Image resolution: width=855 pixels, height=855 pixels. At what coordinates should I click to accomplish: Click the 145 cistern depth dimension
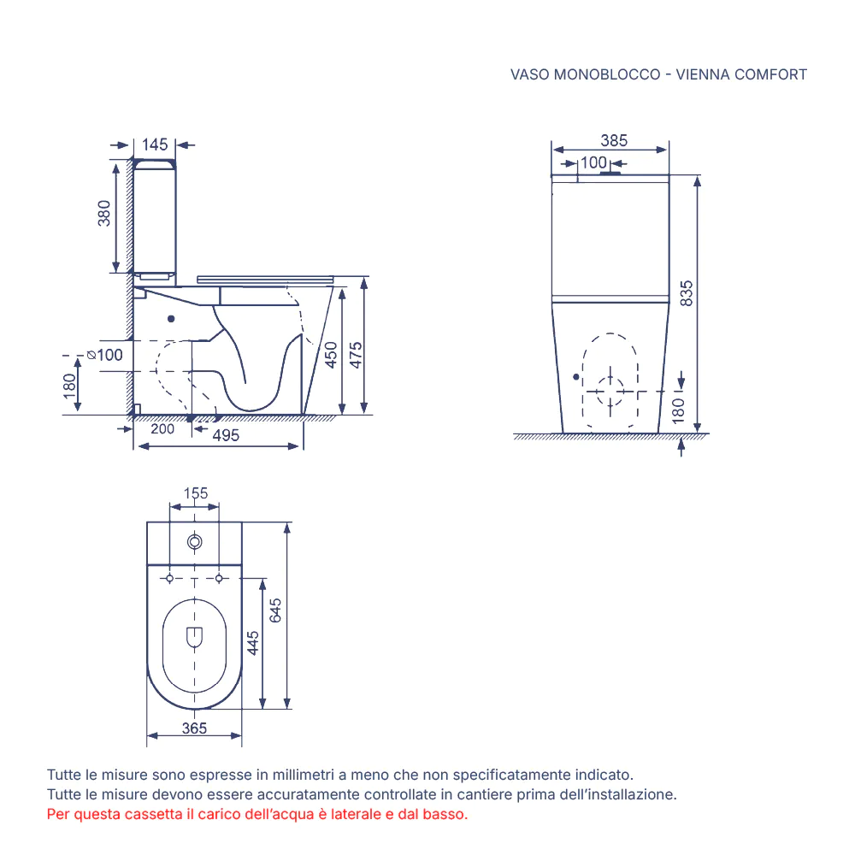[x=155, y=144]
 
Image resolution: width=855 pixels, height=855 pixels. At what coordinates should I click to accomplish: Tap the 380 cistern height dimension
[x=103, y=213]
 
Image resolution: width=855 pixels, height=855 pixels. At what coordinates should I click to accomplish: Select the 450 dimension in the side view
[x=331, y=355]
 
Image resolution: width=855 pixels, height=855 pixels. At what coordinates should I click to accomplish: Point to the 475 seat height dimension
[x=356, y=355]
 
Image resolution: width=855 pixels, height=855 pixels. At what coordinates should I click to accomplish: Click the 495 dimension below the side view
[x=226, y=435]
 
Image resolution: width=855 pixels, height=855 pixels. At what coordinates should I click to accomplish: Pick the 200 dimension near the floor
[x=162, y=428]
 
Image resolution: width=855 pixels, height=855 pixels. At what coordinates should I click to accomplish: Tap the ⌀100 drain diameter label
[x=105, y=355]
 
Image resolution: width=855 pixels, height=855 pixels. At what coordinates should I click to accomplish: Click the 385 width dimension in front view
[x=614, y=140]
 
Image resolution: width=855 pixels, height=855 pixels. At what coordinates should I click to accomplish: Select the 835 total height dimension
[x=687, y=293]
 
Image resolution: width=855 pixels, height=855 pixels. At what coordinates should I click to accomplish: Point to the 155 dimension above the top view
[x=195, y=493]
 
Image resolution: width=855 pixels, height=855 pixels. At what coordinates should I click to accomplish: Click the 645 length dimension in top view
[x=275, y=610]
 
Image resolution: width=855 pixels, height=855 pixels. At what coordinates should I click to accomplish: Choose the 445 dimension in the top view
[x=252, y=643]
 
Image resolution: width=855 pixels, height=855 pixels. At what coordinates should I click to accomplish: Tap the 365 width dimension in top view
[x=194, y=728]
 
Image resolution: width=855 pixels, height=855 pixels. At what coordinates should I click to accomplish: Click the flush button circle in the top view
[x=195, y=542]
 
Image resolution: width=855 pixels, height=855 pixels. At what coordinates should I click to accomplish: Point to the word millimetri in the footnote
[x=304, y=775]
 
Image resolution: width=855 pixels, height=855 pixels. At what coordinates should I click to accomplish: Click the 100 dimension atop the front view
[x=593, y=162]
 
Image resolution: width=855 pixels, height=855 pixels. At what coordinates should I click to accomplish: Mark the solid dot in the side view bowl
[x=171, y=318]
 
